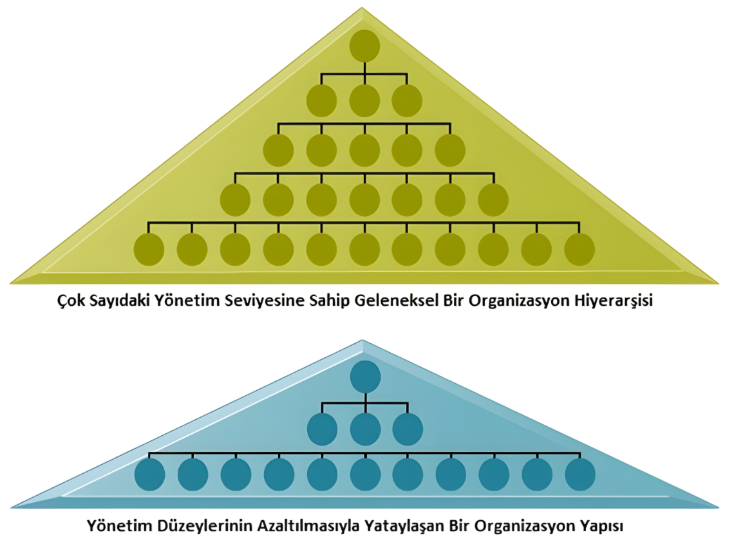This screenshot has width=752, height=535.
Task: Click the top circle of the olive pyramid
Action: (x=364, y=46)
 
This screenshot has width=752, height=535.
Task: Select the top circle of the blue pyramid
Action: (x=365, y=377)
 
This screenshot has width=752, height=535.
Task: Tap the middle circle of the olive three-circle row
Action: (x=364, y=101)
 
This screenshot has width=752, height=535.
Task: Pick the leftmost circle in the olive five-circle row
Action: (x=278, y=151)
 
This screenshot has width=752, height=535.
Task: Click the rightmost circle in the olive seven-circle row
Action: (x=493, y=200)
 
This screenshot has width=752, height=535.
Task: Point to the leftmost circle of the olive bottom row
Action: (x=149, y=250)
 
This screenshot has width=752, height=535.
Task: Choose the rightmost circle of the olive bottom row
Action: (x=579, y=250)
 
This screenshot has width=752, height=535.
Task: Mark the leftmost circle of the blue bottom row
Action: (x=150, y=474)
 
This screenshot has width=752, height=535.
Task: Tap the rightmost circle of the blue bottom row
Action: (x=580, y=474)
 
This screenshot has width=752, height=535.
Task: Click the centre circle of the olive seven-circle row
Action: (x=364, y=200)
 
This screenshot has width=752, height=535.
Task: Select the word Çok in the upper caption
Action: (x=68, y=301)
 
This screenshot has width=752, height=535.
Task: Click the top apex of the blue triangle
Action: (x=363, y=341)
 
